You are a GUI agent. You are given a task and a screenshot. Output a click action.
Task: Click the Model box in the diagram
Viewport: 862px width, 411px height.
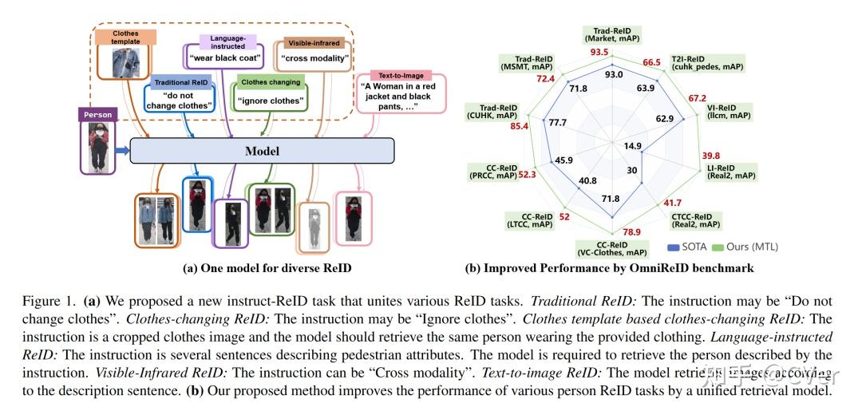[x=262, y=151]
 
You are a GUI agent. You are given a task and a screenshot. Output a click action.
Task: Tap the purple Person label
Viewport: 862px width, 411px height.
[x=97, y=115]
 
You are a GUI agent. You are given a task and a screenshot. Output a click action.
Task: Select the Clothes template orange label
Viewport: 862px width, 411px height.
[x=125, y=37]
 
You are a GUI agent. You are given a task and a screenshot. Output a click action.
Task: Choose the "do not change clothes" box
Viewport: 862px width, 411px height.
[x=180, y=100]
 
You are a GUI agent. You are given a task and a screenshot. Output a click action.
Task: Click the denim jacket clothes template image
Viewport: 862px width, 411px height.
[x=125, y=62]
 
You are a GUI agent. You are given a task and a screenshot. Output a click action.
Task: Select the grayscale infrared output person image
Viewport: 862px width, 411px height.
[x=314, y=223]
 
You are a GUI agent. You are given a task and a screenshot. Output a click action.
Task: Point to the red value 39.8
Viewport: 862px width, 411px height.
[x=710, y=156]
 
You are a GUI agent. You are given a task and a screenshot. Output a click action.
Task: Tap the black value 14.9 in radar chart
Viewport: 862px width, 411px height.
[x=633, y=146]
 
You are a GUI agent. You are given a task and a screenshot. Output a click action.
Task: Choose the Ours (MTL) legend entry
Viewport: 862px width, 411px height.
[x=744, y=247]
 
